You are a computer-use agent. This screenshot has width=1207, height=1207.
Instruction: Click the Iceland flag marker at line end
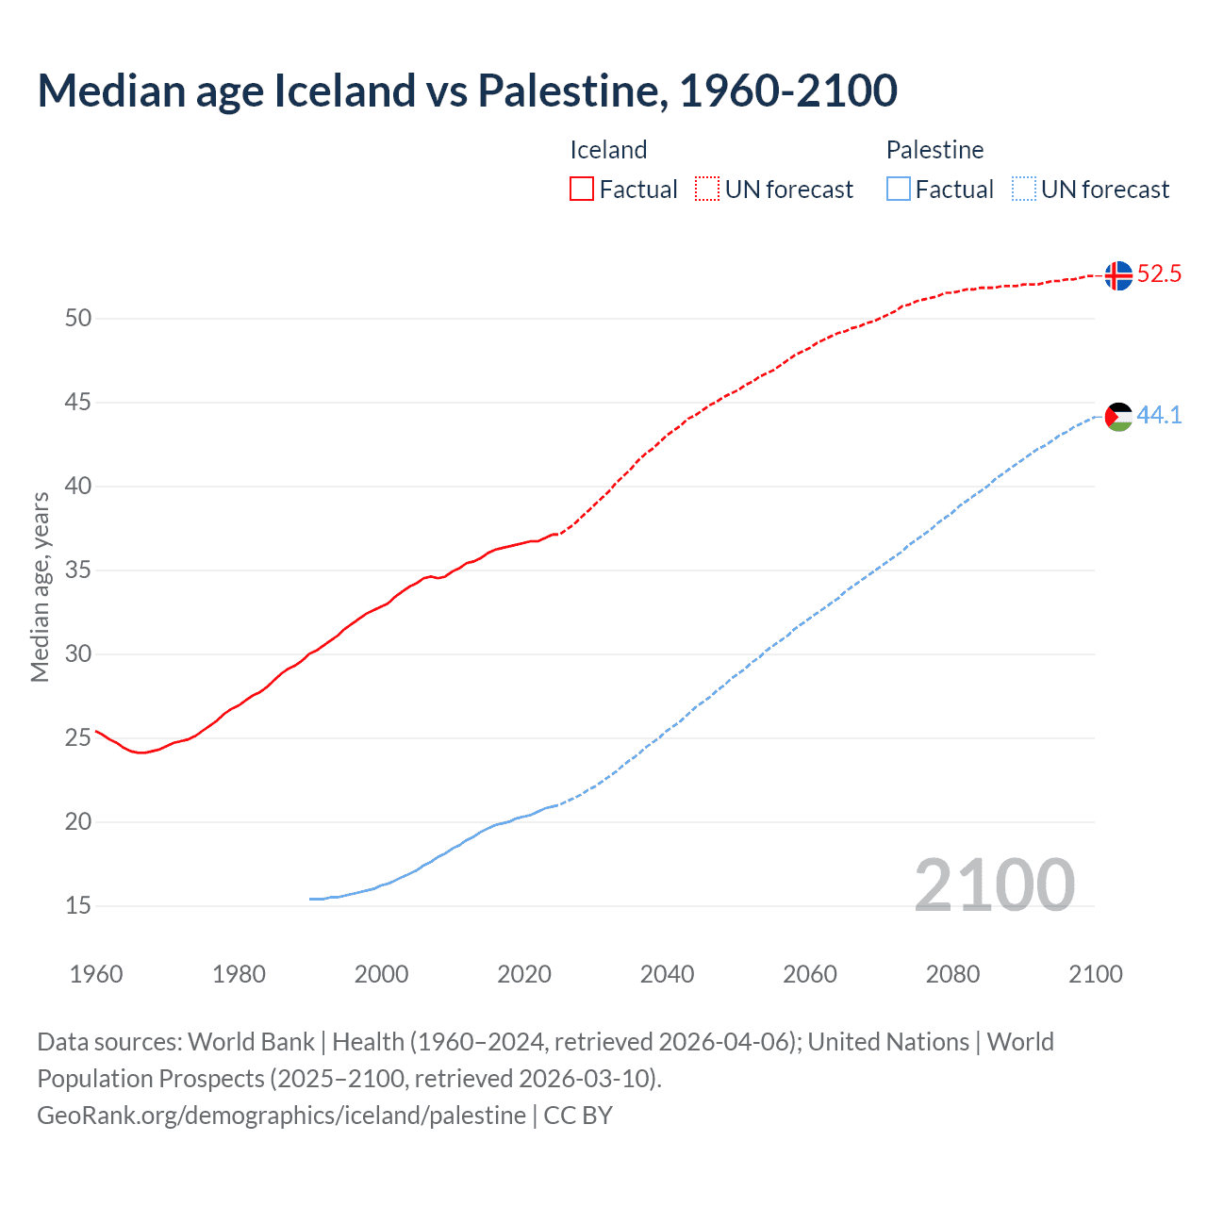(x=1118, y=275)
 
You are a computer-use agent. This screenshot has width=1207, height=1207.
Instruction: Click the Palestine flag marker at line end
(x=1118, y=416)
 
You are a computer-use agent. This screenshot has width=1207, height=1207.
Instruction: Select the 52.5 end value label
(x=1159, y=274)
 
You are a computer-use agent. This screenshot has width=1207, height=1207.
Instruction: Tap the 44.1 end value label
(x=1159, y=415)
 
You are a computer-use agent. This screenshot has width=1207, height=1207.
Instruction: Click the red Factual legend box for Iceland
(x=582, y=190)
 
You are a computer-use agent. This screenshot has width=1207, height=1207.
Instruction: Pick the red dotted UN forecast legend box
(x=707, y=190)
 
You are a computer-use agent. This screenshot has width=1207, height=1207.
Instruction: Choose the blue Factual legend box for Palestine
(x=899, y=190)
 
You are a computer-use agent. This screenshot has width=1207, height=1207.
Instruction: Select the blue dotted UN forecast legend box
(x=1024, y=190)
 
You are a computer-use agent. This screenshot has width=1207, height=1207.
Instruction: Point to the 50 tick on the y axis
(x=78, y=319)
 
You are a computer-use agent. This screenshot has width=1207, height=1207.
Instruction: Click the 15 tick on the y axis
(x=78, y=906)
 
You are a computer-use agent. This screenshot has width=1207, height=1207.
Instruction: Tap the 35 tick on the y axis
(x=78, y=570)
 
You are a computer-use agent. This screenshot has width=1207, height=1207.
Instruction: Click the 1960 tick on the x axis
(x=96, y=974)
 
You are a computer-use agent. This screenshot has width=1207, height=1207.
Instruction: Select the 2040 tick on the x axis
(x=667, y=974)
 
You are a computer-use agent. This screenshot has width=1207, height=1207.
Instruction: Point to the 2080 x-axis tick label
(x=952, y=974)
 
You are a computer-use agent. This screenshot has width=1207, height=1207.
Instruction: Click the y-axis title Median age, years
(x=40, y=587)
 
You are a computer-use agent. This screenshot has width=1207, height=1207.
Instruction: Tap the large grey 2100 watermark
(x=994, y=885)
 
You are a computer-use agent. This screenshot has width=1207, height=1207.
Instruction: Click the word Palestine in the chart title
(x=573, y=91)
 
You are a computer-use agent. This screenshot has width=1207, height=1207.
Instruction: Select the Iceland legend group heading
(x=608, y=150)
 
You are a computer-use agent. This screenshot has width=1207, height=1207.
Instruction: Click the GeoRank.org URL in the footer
(x=281, y=1116)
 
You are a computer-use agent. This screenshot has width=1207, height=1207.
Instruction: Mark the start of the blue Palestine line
(x=311, y=899)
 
